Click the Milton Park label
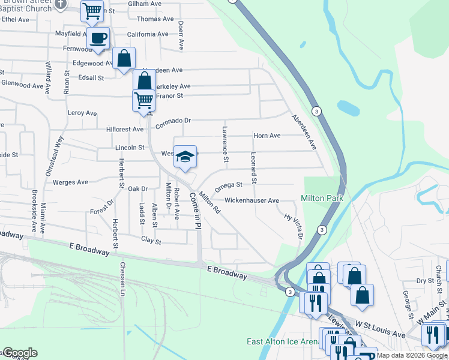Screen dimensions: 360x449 pos(321,199)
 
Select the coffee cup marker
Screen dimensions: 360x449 pos(98,38)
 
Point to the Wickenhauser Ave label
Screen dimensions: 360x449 pos(252,200)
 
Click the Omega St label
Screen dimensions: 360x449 pos(229,185)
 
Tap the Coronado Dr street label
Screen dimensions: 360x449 pos(173,122)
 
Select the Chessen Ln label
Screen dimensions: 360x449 pos(122,279)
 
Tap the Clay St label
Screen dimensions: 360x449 pos(151,241)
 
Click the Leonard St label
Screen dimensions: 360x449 pos(254,168)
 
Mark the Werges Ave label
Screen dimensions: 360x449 pos(70,182)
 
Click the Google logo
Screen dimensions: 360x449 pos(19,353)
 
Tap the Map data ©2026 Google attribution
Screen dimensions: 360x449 pos(412,355)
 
